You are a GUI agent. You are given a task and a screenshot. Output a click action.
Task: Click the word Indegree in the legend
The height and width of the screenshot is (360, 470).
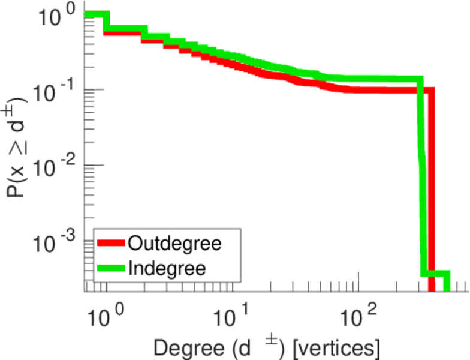click(167, 268)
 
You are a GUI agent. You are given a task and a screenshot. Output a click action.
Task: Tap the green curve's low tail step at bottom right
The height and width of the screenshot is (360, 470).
click(436, 274)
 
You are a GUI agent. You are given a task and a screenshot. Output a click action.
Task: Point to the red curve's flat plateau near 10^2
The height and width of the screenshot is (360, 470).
click(378, 90)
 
